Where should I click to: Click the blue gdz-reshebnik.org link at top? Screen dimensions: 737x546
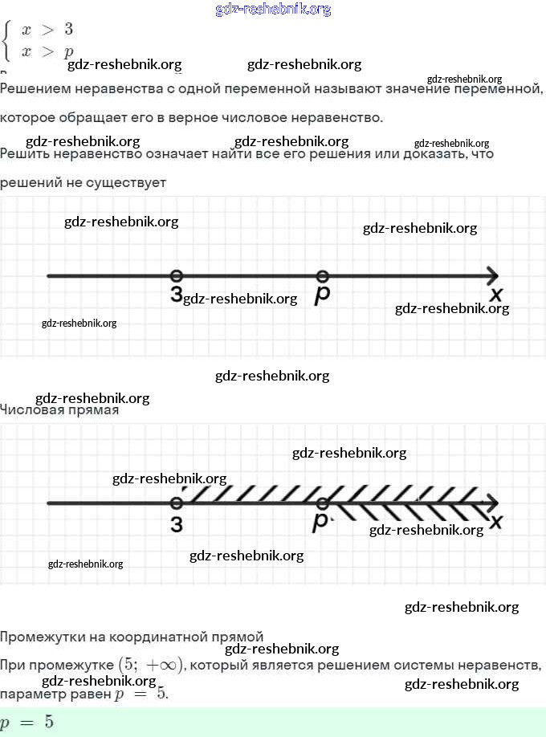click(273, 10)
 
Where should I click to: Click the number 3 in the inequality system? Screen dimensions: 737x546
click(68, 30)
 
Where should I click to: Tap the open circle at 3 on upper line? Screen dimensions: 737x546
click(177, 276)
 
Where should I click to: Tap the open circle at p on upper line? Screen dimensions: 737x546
click(322, 276)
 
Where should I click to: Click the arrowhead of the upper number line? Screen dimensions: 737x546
click(492, 276)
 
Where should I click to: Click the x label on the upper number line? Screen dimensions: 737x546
click(496, 295)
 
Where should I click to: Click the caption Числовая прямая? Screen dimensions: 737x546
click(59, 410)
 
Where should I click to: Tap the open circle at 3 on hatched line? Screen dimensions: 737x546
click(177, 503)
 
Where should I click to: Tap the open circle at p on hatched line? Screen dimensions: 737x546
click(322, 503)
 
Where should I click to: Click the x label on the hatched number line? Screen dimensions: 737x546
click(496, 522)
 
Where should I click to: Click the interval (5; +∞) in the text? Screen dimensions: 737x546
click(152, 665)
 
